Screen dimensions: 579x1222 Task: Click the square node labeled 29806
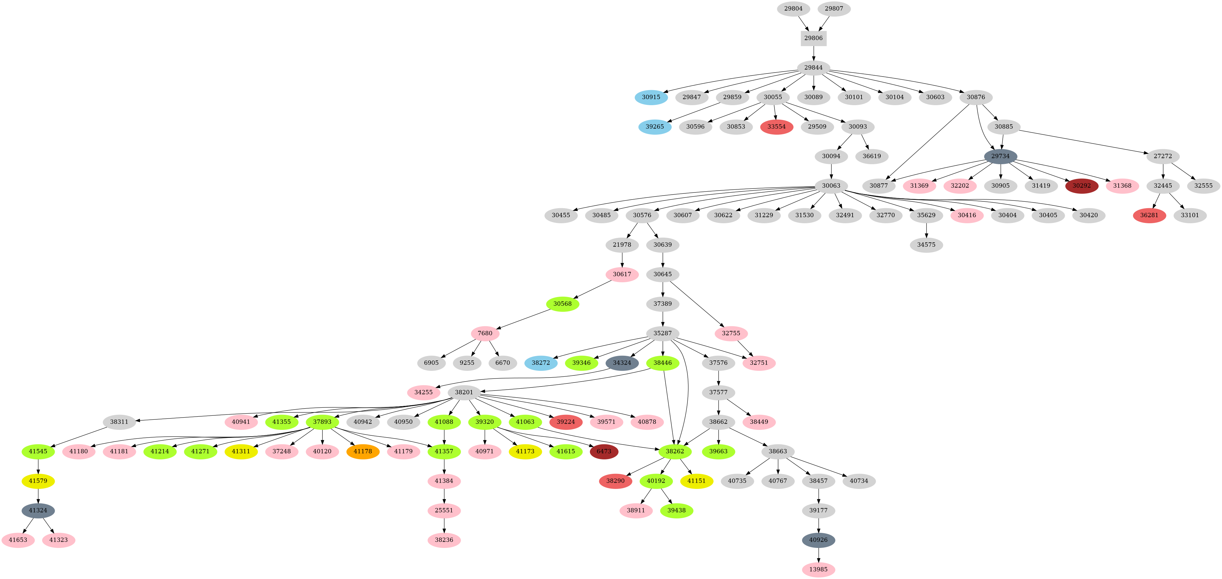tap(813, 38)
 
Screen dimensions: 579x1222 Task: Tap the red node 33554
tap(777, 127)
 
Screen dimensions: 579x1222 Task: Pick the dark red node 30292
tap(1081, 185)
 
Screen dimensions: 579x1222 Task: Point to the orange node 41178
tap(363, 451)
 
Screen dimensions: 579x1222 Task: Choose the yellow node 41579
tap(38, 481)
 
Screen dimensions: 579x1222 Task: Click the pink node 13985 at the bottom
tap(818, 569)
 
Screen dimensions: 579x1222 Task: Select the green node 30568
tap(562, 303)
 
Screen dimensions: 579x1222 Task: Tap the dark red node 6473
tap(603, 451)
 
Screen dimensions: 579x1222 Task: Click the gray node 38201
tap(464, 392)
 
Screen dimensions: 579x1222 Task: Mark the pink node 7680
tap(485, 333)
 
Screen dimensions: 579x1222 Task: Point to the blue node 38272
tap(541, 363)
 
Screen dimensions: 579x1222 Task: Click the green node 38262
tap(675, 451)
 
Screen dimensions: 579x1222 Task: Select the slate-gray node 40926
tap(818, 540)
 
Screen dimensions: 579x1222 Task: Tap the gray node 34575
tap(926, 245)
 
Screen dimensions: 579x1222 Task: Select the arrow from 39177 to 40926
tap(818, 525)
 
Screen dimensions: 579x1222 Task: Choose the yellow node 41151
tap(696, 481)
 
